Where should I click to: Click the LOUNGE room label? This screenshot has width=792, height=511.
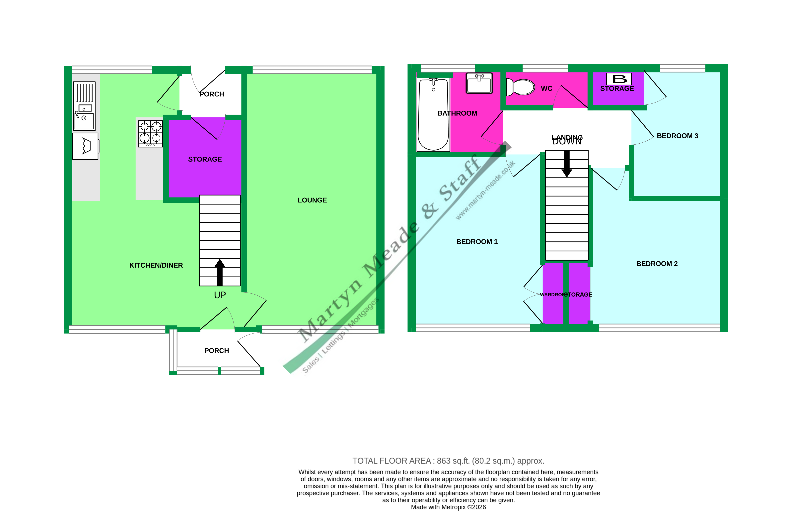312,200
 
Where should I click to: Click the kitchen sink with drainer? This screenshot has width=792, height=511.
84,106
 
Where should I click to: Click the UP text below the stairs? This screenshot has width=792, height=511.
220,295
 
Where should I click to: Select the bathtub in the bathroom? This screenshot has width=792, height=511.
433,114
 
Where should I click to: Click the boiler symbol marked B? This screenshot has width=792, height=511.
619,79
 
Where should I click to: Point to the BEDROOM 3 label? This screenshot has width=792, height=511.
677,136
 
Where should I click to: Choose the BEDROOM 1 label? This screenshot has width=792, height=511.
477,242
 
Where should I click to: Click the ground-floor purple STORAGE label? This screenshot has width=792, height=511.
205,159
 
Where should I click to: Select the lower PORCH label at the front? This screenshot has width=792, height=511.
216,351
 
